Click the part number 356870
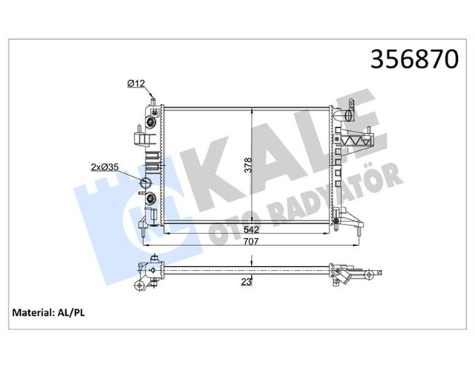tap(408, 60)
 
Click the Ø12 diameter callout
tap(135, 83)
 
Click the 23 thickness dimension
tap(246, 281)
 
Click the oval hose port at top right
tap(343, 117)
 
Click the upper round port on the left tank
tap(151, 122)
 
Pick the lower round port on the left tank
tap(151, 199)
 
